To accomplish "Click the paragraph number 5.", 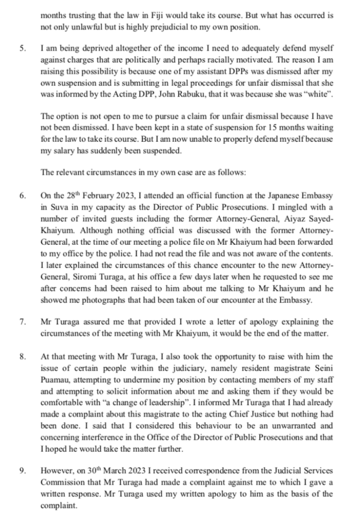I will [22, 48].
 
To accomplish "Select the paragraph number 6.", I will [22, 196].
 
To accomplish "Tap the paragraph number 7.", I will [22, 322].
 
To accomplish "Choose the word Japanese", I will [286, 196].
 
